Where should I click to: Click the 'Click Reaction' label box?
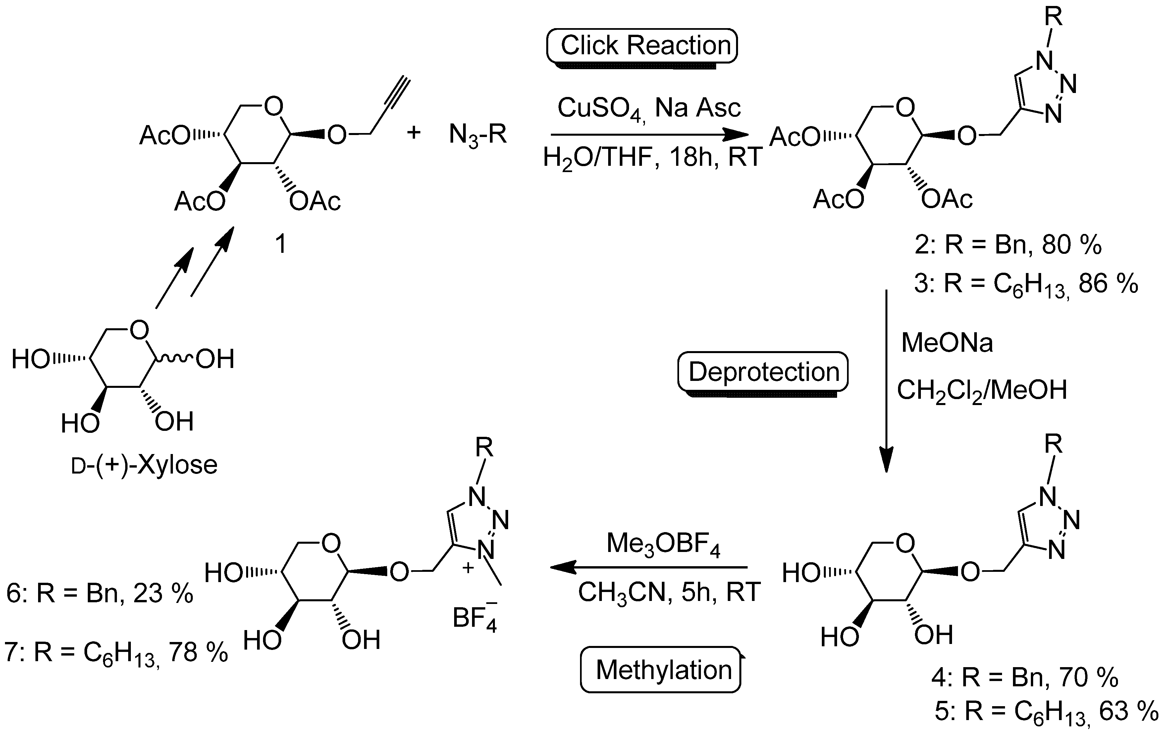click(642, 46)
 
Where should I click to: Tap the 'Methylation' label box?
click(661, 670)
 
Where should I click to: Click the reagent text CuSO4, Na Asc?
click(648, 108)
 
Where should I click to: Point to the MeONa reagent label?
click(947, 343)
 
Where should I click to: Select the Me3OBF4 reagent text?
click(663, 544)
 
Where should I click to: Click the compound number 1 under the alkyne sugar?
click(281, 245)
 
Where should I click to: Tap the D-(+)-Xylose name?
click(144, 465)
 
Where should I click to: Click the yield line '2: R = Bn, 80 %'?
click(1008, 245)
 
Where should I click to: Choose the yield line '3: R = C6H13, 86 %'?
click(1026, 284)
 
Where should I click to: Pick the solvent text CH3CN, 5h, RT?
click(669, 592)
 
